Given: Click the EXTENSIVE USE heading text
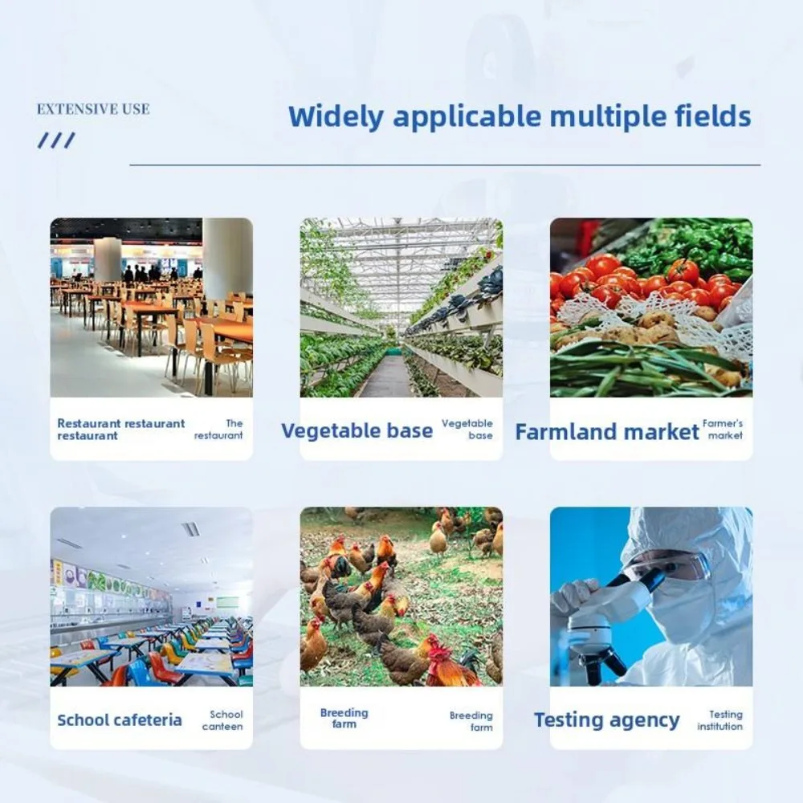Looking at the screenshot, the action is pyautogui.click(x=93, y=109).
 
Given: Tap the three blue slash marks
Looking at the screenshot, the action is pyautogui.click(x=56, y=141).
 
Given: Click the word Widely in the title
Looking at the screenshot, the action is pyautogui.click(x=336, y=116).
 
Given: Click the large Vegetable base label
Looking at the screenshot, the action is pyautogui.click(x=357, y=430).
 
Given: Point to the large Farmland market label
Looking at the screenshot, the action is pyautogui.click(x=607, y=432).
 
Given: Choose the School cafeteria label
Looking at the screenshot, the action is pyautogui.click(x=120, y=720).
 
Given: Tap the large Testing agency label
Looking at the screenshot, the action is pyautogui.click(x=607, y=720).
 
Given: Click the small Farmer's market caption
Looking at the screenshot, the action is pyautogui.click(x=723, y=429).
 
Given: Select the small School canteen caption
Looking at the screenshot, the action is pyautogui.click(x=222, y=720).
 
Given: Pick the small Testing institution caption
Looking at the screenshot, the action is pyautogui.click(x=719, y=720).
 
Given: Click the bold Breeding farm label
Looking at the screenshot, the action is pyautogui.click(x=344, y=718).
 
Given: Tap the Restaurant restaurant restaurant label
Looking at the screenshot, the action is pyautogui.click(x=121, y=429).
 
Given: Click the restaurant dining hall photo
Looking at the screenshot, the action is pyautogui.click(x=152, y=308).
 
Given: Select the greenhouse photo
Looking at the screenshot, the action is pyautogui.click(x=401, y=308).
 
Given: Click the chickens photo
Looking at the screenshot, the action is pyautogui.click(x=401, y=597).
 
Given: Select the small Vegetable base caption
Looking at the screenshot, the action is pyautogui.click(x=467, y=429).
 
